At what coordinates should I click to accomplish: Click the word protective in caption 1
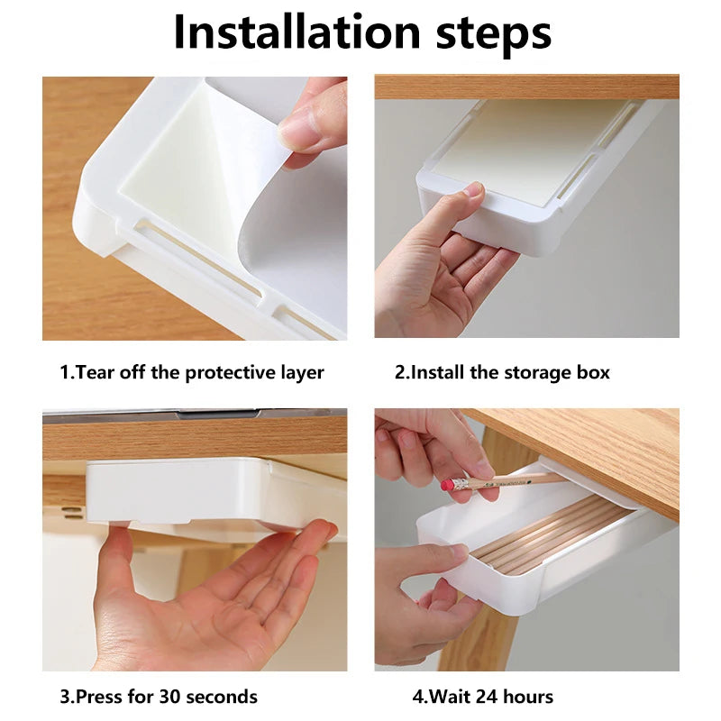pos(229,372)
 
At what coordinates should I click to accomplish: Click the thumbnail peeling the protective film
pos(195,207)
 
